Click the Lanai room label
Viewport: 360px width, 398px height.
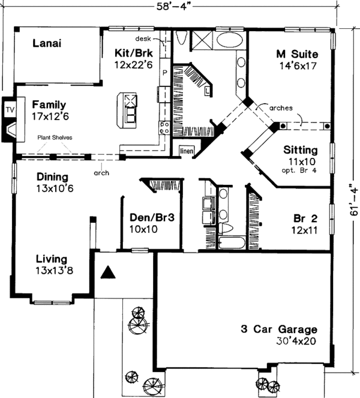(x=48, y=43)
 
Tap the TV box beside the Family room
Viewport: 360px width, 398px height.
(x=10, y=110)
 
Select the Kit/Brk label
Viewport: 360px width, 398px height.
(x=132, y=53)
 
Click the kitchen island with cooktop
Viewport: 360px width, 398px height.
(x=130, y=110)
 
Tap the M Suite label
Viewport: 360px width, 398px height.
(x=297, y=54)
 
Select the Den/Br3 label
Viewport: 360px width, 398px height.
(x=152, y=219)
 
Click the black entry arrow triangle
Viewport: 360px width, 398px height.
(x=107, y=273)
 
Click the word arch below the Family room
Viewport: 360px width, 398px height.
(x=101, y=172)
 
